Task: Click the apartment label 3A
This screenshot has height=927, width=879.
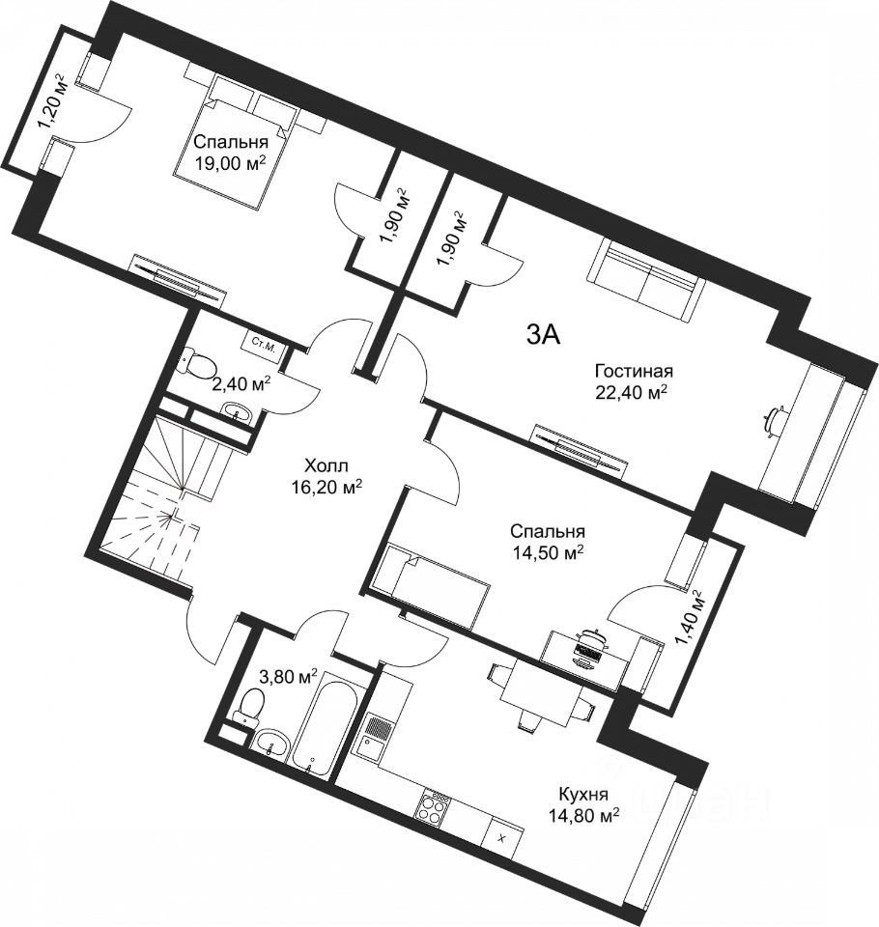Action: (543, 336)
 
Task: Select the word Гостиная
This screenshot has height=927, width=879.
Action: (634, 371)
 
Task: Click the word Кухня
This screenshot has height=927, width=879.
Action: (583, 794)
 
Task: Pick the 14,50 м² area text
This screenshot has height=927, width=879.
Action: (547, 552)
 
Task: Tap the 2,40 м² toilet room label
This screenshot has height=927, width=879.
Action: (241, 384)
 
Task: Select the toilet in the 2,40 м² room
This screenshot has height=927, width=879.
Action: (198, 362)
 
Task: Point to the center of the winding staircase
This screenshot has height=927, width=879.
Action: (172, 516)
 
